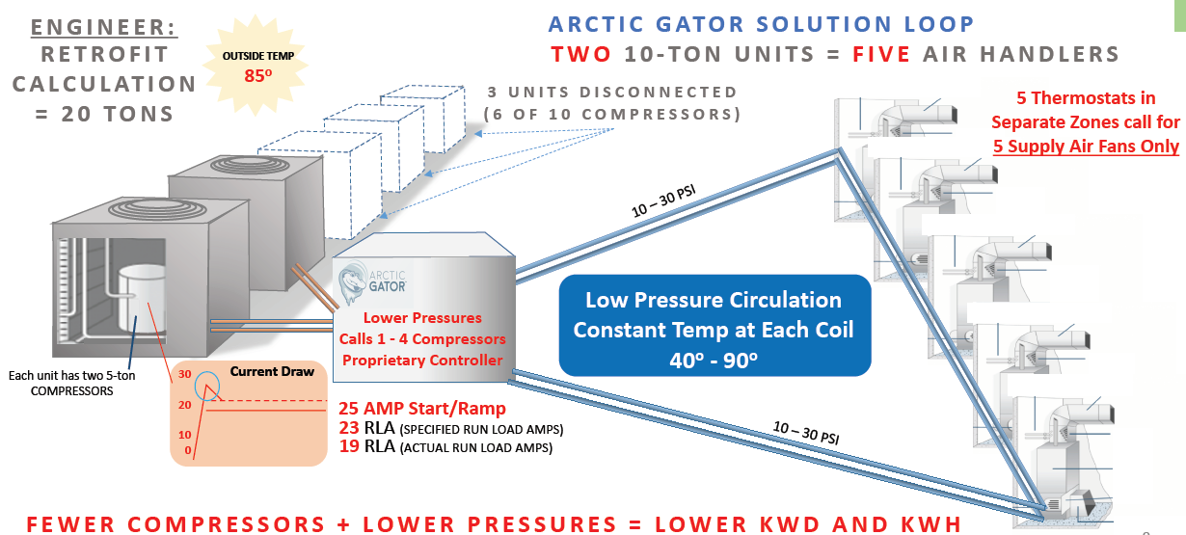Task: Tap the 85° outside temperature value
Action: point(258,76)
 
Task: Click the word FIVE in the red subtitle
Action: point(881,54)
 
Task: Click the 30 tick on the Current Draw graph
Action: point(184,374)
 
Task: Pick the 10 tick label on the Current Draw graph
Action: point(184,435)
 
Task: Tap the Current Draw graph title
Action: point(272,371)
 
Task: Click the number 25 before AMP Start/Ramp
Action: point(348,409)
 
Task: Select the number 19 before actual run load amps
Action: point(349,446)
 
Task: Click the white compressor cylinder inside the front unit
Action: point(141,298)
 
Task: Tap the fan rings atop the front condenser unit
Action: point(157,209)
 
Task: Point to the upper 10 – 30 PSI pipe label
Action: point(663,201)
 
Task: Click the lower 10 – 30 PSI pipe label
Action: point(806,433)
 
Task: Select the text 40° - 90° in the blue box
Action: point(714,361)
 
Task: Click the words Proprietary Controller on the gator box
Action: point(422,361)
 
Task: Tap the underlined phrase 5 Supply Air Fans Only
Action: point(1086,147)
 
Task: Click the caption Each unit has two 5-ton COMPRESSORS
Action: point(72,383)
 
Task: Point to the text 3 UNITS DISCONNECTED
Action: point(612,93)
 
